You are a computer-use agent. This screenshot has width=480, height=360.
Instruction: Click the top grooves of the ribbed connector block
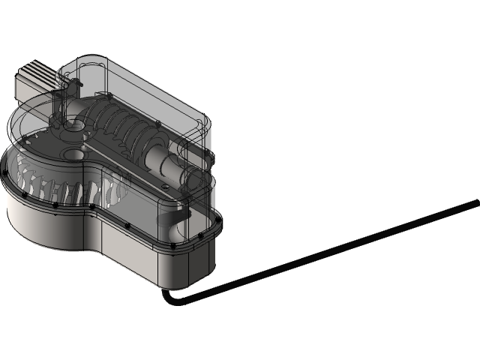pos(34,71)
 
